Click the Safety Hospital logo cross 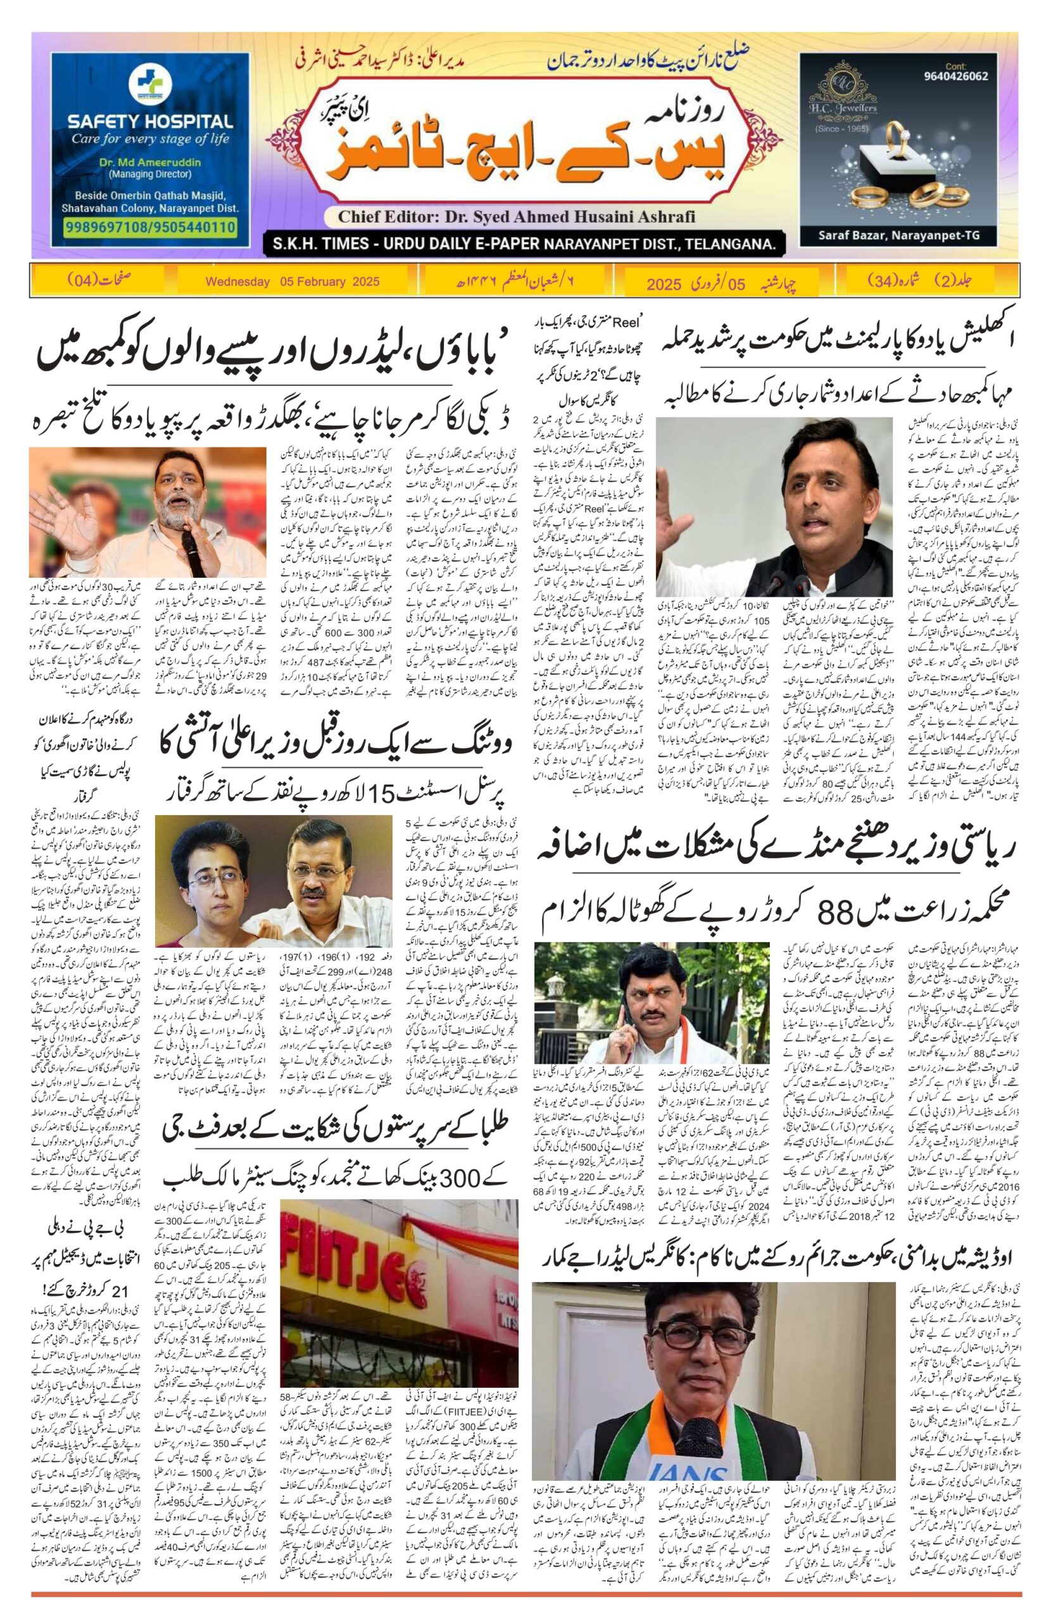149,84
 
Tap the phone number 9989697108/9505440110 151,227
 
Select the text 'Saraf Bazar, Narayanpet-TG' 899,236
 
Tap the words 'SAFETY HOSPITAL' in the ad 150,123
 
